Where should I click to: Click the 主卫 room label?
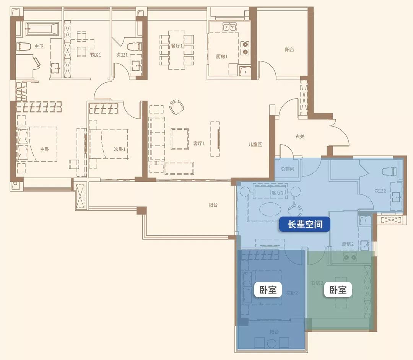(x=39, y=46)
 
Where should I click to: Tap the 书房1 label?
(x=95, y=55)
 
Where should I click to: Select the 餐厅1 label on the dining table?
(x=177, y=46)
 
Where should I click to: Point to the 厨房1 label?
(x=222, y=57)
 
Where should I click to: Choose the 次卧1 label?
(x=120, y=149)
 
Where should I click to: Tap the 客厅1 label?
(x=199, y=143)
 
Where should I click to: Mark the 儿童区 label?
(x=255, y=144)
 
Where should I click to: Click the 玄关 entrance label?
(x=300, y=136)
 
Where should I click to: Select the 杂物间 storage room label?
(x=287, y=169)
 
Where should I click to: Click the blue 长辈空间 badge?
(x=304, y=225)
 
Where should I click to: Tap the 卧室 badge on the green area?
(x=338, y=290)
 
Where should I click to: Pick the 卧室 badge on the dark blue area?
(x=268, y=290)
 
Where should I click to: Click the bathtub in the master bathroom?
(x=42, y=28)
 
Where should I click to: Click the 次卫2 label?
(x=380, y=191)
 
